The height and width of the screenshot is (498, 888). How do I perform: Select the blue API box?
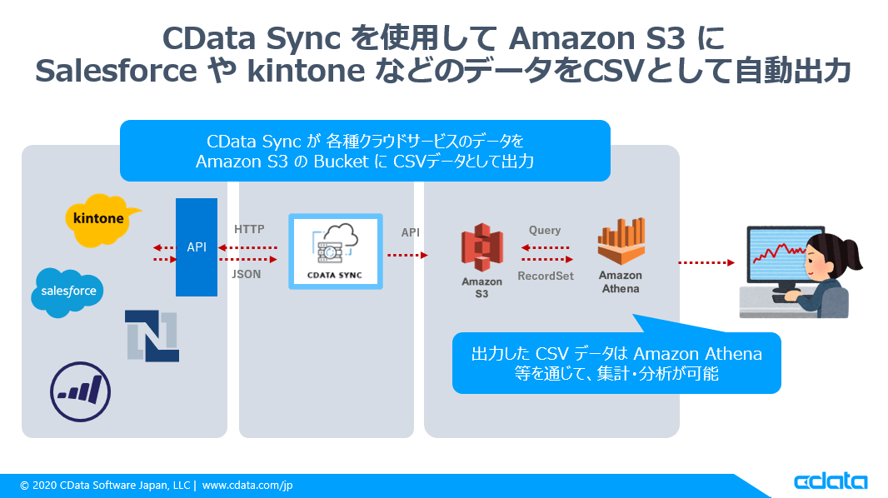point(197,247)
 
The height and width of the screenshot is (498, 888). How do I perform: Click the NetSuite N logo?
point(152,335)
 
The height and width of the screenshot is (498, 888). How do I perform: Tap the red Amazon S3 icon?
point(482,247)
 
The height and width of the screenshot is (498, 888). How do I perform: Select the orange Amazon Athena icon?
point(621,242)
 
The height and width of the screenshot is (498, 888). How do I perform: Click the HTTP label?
point(249,229)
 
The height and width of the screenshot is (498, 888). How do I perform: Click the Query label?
point(545,230)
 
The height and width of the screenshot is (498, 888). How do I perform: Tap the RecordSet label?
point(546,276)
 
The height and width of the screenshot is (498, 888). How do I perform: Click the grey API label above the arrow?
point(411,233)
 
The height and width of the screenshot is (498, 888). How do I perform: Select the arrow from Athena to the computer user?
point(706,262)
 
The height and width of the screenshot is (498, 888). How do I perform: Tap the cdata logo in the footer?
point(830,482)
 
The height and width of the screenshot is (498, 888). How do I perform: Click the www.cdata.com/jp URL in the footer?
point(247,486)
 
